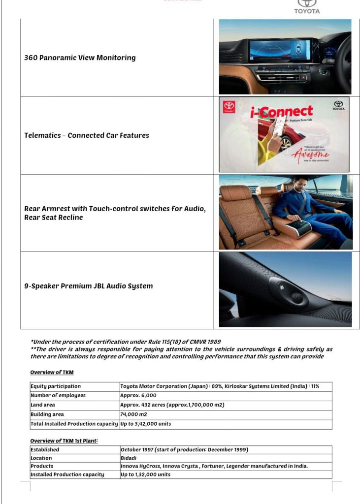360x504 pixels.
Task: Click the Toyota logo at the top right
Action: pyautogui.click(x=307, y=5)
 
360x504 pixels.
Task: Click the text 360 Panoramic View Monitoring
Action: pyautogui.click(x=80, y=58)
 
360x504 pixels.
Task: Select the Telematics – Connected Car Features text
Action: pyautogui.click(x=86, y=135)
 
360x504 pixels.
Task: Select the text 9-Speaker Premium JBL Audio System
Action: pyautogui.click(x=89, y=286)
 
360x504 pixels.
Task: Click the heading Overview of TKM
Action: pyautogui.click(x=52, y=373)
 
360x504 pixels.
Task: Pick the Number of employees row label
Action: pyautogui.click(x=58, y=396)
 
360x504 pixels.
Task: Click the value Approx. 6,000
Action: pyautogui.click(x=138, y=396)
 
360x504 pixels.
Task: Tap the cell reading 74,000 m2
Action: pyautogui.click(x=133, y=414)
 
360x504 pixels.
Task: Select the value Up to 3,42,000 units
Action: pyautogui.click(x=146, y=424)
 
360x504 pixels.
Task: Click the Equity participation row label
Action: pyautogui.click(x=56, y=386)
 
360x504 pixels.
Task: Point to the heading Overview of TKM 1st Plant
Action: pyautogui.click(x=64, y=441)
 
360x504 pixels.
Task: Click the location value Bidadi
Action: pyautogui.click(x=130, y=458)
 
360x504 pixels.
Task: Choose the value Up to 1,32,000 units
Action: pyautogui.click(x=146, y=474)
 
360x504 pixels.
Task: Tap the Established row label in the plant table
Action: pyautogui.click(x=45, y=450)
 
